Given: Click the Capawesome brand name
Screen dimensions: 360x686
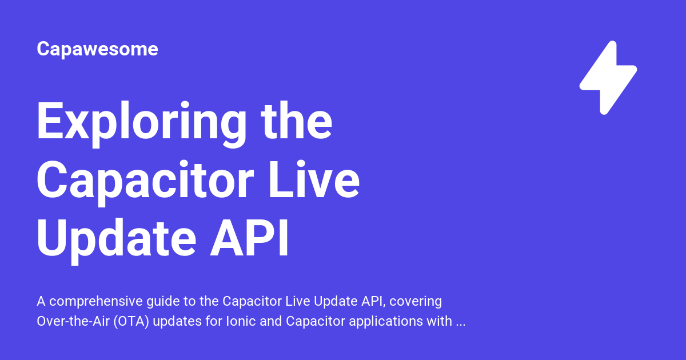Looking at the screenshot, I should coord(97,49).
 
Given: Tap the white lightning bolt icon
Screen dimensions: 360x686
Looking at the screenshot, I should coord(608,78).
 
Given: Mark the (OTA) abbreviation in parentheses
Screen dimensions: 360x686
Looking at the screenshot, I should coord(132,321).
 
